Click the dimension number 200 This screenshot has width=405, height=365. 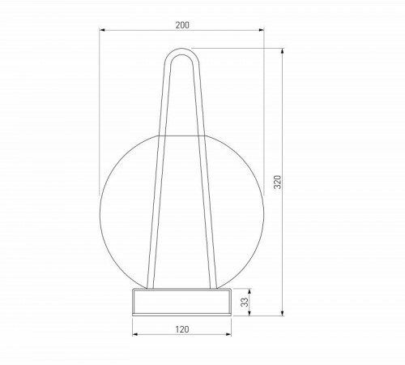pos(182,25)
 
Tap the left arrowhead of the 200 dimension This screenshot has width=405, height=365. pos(102,32)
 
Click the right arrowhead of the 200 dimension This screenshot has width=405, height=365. pos(262,32)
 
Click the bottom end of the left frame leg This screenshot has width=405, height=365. pos(149,286)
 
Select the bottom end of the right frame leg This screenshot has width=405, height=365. pos(215,286)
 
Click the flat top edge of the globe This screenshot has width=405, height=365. pos(181,131)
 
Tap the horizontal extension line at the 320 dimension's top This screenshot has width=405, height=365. pos(243,49)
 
